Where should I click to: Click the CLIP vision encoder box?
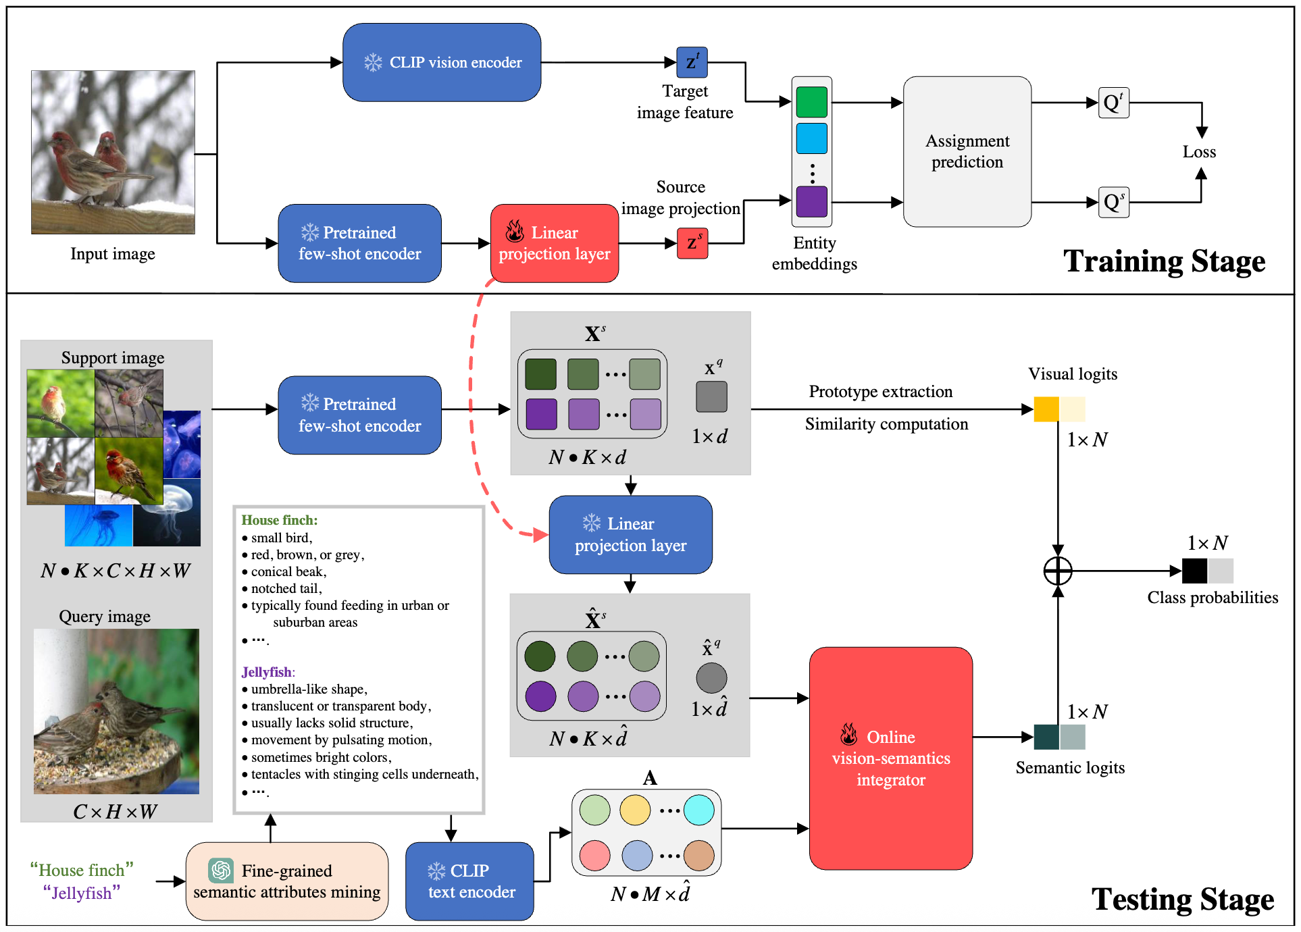pyautogui.click(x=442, y=62)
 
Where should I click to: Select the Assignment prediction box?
pyautogui.click(x=967, y=151)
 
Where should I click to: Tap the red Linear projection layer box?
pyautogui.click(x=555, y=243)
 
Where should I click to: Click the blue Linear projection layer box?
pyautogui.click(x=631, y=534)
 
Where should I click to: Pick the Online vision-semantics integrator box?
pyautogui.click(x=891, y=758)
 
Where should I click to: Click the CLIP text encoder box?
pyautogui.click(x=469, y=881)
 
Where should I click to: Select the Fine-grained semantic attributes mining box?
pyautogui.click(x=287, y=881)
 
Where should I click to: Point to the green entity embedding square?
pyautogui.click(x=811, y=102)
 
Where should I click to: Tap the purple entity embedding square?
pyautogui.click(x=811, y=201)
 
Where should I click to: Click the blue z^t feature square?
pyautogui.click(x=692, y=62)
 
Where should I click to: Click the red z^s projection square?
pyautogui.click(x=692, y=243)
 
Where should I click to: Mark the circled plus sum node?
pyautogui.click(x=1058, y=571)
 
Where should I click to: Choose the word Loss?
pyautogui.click(x=1199, y=152)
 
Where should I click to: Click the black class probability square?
pyautogui.click(x=1194, y=571)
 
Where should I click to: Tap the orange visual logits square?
pyautogui.click(x=1046, y=409)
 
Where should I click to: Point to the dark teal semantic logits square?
pyautogui.click(x=1046, y=737)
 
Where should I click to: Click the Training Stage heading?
pyautogui.click(x=1165, y=261)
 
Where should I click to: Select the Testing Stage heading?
pyautogui.click(x=1183, y=900)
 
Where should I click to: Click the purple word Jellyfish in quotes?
pyautogui.click(x=82, y=893)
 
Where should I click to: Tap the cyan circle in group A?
pyautogui.click(x=698, y=810)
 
